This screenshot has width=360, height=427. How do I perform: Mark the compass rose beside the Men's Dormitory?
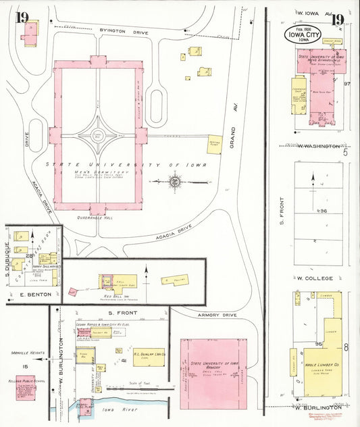point(174,181)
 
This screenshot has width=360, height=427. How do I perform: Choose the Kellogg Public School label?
point(24,378)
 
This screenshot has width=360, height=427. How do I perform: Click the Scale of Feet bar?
point(125,388)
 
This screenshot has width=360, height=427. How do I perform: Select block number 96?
point(323,211)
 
